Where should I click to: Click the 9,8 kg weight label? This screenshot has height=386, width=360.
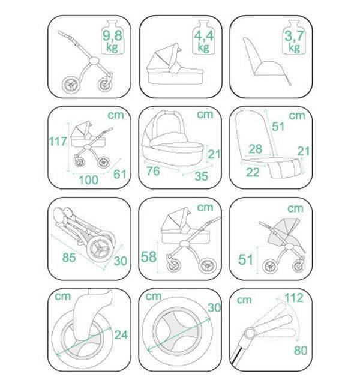[112, 41]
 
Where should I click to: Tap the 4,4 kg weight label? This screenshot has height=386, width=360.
[203, 41]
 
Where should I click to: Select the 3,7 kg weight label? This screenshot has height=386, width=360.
[294, 41]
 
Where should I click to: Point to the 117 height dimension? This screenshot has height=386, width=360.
[58, 141]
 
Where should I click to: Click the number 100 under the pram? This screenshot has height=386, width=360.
[88, 180]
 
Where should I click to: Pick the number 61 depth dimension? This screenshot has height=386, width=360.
[120, 174]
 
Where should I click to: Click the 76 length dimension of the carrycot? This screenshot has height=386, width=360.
[153, 171]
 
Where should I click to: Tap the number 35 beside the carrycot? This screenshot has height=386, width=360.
[201, 176]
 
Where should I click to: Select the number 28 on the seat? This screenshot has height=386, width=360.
[256, 149]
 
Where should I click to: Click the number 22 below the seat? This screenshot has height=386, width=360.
[253, 172]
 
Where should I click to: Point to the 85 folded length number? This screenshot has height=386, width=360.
[69, 258]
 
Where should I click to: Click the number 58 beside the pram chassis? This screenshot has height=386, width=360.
[149, 257]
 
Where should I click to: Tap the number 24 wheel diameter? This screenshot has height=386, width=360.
[121, 335]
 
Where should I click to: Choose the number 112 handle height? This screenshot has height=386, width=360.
[294, 298]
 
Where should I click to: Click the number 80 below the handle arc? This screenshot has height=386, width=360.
[301, 351]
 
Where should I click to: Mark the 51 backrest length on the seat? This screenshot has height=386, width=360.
[278, 127]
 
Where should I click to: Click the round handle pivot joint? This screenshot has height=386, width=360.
[250, 333]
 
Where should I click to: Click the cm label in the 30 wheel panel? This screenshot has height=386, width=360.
[154, 296]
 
